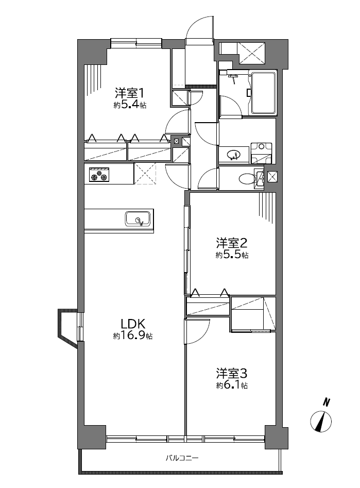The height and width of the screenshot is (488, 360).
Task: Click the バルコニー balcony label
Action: [x=182, y=458]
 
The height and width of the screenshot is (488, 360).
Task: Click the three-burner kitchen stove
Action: [x=99, y=174]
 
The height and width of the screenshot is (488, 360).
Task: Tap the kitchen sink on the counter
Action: [x=139, y=219]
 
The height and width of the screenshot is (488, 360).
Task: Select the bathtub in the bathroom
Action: [x=264, y=93]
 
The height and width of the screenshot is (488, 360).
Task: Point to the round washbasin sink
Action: [x=234, y=155]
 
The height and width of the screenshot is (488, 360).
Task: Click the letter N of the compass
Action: [x=326, y=402]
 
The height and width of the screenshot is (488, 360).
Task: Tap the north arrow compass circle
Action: [x=321, y=421]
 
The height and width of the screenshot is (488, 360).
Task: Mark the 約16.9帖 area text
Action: [x=133, y=336]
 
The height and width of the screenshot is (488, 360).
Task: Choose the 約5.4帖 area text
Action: [x=130, y=105]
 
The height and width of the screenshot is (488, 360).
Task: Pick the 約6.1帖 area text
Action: [x=232, y=385]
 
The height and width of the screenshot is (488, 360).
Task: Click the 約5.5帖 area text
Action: [x=232, y=255]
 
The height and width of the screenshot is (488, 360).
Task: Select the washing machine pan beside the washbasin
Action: [x=262, y=153]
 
